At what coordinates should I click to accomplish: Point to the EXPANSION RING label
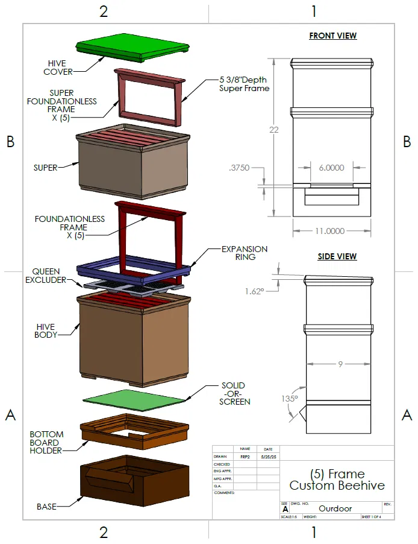tap(244, 253)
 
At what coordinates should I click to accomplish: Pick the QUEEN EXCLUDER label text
tap(49, 276)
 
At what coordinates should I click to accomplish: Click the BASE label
tap(46, 507)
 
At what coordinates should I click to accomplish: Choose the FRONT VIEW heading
tap(332, 36)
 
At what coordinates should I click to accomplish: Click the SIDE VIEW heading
tap(337, 256)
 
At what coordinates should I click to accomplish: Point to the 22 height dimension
tap(274, 130)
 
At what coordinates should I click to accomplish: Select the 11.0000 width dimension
tap(330, 231)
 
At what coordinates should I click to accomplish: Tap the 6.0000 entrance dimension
tap(332, 168)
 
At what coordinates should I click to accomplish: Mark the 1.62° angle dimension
tap(255, 291)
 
